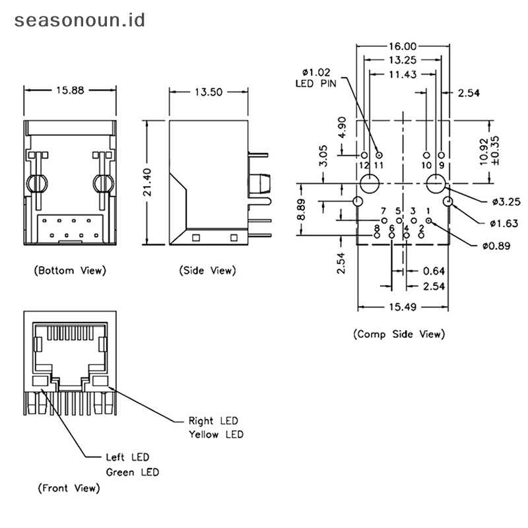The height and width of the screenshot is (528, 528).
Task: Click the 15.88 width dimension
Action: (69, 91)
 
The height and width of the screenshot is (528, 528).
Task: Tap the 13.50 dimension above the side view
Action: (208, 92)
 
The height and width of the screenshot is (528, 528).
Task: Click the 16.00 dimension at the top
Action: (402, 46)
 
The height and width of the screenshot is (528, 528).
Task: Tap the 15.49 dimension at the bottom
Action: (403, 307)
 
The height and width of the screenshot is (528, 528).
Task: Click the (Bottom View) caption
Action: (70, 270)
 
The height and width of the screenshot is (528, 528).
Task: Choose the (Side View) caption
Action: (207, 270)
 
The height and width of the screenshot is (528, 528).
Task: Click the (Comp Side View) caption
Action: (399, 334)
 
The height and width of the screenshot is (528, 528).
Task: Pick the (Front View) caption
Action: (69, 488)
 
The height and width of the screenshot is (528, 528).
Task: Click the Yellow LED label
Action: (216, 434)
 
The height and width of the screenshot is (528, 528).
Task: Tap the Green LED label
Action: (133, 472)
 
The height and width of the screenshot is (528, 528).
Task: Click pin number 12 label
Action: (364, 164)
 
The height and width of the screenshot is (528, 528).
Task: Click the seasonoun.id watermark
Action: (79, 20)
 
